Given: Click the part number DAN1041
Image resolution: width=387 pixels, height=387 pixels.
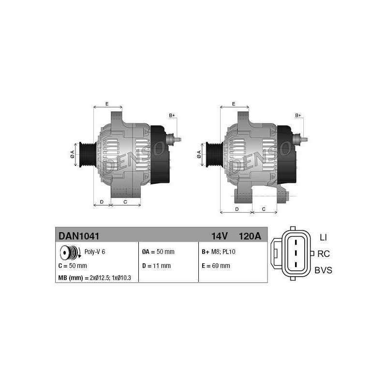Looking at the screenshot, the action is (x=79, y=236).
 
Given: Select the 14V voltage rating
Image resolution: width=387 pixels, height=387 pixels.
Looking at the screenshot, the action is (x=219, y=236).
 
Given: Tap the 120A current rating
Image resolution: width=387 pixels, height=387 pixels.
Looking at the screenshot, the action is (x=250, y=236).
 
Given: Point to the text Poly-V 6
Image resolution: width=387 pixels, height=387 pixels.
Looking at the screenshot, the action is (x=95, y=252).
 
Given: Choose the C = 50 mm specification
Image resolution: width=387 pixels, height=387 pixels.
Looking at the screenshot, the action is (x=73, y=266).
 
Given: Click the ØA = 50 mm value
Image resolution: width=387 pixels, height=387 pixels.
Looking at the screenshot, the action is (x=158, y=252).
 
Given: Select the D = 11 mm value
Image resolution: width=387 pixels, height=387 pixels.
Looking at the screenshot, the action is (x=156, y=266).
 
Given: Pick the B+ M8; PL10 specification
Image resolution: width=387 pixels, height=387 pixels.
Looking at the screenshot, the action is (x=219, y=252).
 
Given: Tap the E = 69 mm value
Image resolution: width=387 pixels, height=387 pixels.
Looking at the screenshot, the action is (x=216, y=266).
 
